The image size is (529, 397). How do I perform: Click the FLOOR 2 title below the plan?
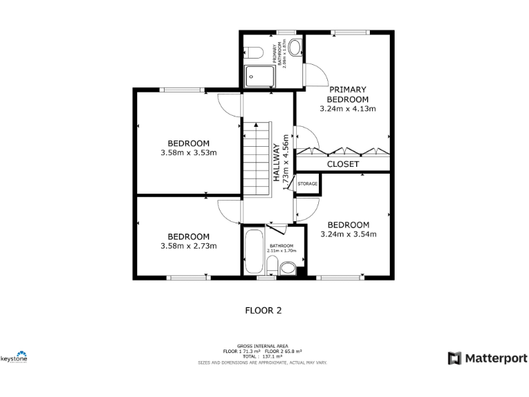pos(264,310)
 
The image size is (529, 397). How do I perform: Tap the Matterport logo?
pos(488,358)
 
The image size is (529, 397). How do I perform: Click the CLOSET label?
pos(342,164)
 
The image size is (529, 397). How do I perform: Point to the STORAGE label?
pos(308,184)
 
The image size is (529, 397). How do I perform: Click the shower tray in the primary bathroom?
pos(260,77)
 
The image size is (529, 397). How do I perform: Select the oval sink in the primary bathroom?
pos(295,47)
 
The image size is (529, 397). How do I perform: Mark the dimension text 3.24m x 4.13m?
pos(348,108)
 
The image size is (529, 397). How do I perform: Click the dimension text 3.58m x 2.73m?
pos(189,246)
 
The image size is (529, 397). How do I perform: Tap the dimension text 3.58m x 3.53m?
pos(189,152)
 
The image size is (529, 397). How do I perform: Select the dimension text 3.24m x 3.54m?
pos(349,234)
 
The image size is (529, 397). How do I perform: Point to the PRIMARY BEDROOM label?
pos(348,94)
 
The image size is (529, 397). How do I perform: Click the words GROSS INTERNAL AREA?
pos(262,346)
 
